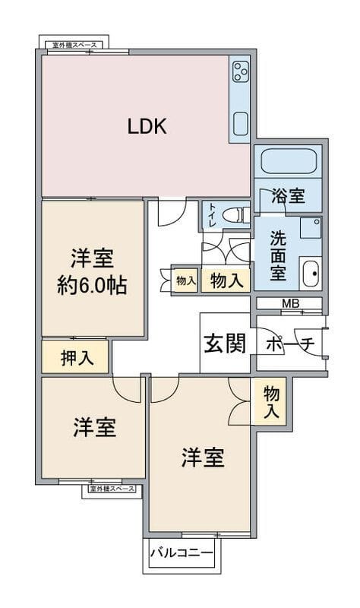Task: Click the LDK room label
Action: click(147, 126)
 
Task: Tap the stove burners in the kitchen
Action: click(240, 71)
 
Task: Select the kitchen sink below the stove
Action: click(240, 124)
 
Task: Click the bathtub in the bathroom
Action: click(289, 161)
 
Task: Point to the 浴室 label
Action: click(288, 196)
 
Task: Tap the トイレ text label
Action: click(213, 215)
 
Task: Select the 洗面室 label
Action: click(278, 256)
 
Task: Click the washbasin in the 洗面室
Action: click(311, 274)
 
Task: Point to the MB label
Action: click(290, 303)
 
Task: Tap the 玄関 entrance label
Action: click(225, 344)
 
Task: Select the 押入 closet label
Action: click(77, 357)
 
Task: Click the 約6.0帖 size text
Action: click(92, 287)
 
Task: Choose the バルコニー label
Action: click(182, 553)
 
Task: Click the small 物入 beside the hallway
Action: click(186, 280)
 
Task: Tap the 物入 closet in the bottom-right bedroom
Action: click(271, 402)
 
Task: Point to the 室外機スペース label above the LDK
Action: click(74, 46)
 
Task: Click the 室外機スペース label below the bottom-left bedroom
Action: click(112, 489)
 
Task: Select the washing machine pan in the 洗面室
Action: click(311, 228)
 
